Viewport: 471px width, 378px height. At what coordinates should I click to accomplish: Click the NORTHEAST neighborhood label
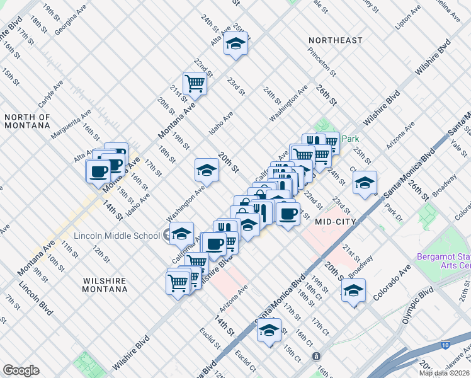[x=336, y=40]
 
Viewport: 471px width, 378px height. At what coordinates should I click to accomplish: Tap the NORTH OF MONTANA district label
[x=26, y=122]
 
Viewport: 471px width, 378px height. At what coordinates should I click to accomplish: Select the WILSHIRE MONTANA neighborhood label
[x=104, y=285]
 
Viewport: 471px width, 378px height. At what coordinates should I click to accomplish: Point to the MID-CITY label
[x=336, y=222]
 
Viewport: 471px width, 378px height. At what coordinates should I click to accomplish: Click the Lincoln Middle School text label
[x=116, y=236]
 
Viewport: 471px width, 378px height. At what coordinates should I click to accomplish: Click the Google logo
[x=21, y=370]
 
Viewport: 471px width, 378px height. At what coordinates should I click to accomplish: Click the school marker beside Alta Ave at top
[x=235, y=44]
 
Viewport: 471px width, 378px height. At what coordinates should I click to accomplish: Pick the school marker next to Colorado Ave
[x=353, y=291]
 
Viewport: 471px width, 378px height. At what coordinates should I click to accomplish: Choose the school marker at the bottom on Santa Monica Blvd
[x=269, y=330]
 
